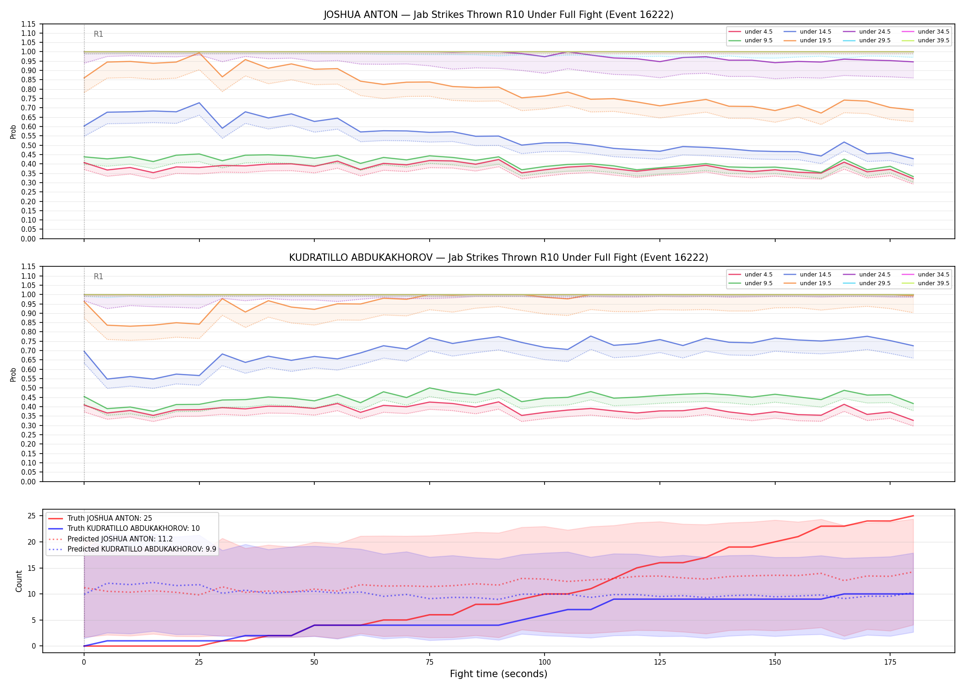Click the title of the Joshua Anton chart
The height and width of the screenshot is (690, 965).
click(499, 15)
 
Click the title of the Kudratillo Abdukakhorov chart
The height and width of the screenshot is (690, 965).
click(499, 258)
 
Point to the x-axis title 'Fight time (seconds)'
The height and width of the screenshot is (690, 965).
click(499, 674)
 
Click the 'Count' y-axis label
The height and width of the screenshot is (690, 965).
click(19, 581)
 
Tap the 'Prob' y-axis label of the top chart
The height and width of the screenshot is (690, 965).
click(13, 132)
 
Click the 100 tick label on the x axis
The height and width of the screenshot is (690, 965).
click(545, 662)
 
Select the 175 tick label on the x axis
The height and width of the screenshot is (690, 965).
click(890, 662)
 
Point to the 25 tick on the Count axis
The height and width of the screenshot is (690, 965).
click(32, 516)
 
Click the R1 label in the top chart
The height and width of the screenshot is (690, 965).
click(98, 34)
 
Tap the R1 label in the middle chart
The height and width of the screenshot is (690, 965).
click(98, 276)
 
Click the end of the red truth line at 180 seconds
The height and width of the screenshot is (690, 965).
click(913, 516)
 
